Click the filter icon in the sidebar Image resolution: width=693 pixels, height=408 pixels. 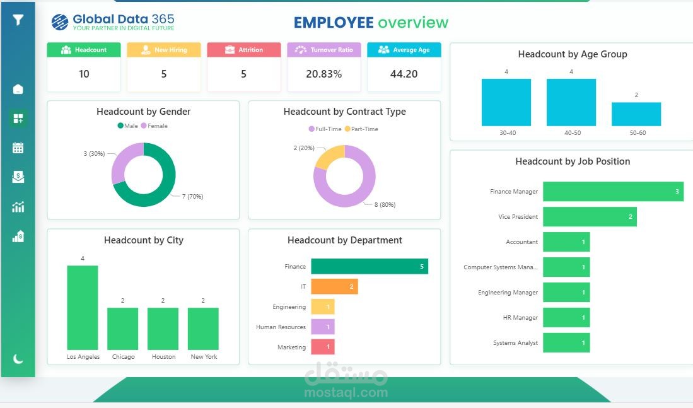(x=18, y=20)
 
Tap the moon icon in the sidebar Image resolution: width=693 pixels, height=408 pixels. (x=18, y=359)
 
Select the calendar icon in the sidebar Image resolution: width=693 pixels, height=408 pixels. (x=18, y=148)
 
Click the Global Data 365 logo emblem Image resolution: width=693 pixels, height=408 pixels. (x=60, y=23)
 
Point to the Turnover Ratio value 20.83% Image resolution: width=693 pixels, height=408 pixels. (x=323, y=74)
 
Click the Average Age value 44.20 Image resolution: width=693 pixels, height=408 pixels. (x=404, y=74)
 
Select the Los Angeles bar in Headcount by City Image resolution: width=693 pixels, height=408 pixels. (x=83, y=308)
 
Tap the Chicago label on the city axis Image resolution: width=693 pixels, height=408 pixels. (x=123, y=357)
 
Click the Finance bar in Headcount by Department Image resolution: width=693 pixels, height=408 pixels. (x=370, y=267)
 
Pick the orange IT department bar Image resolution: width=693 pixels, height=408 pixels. (x=334, y=287)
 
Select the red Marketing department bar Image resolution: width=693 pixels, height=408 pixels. (x=322, y=347)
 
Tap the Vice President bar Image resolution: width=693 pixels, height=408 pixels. (x=590, y=217)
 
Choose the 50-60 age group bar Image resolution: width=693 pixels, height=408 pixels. (x=636, y=114)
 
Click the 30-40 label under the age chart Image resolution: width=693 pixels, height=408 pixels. (x=507, y=133)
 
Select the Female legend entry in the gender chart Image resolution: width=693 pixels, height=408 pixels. (x=154, y=126)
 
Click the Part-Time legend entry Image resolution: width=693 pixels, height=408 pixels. (x=361, y=129)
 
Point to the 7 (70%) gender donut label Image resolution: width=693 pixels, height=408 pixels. (x=192, y=197)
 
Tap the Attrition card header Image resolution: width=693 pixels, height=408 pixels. (x=243, y=50)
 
